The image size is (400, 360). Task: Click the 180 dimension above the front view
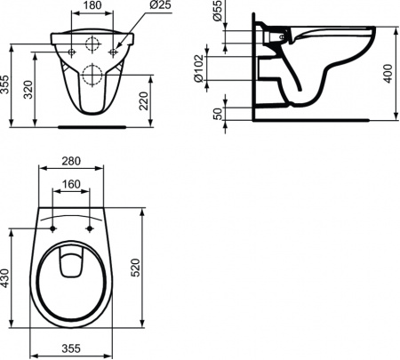coord(92,7)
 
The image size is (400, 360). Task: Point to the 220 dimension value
coord(160,100)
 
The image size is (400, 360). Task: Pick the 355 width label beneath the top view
coord(75,349)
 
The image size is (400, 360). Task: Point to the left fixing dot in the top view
coord(55,229)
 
